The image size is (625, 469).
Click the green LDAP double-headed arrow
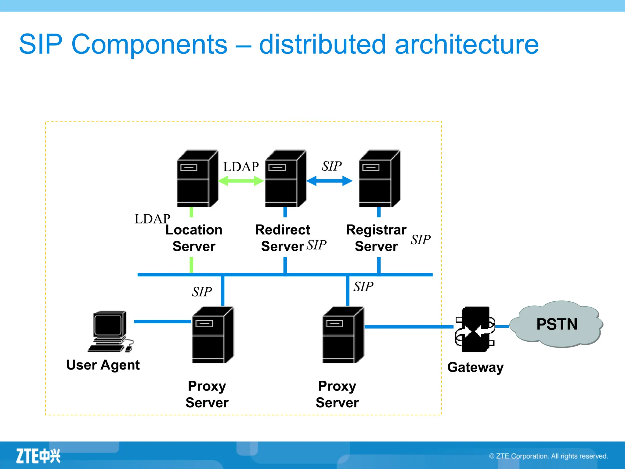click(241, 181)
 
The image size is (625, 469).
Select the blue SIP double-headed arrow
click(329, 181)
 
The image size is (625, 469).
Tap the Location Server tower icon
click(197, 179)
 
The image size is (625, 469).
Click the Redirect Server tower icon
click(285, 179)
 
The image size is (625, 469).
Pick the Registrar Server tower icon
click(379, 179)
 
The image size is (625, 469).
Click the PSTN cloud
click(556, 324)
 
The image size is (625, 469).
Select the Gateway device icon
click(475, 329)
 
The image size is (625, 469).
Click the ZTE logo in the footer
click(38, 456)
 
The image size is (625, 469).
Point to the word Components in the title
click(149, 44)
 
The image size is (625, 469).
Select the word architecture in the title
click(467, 44)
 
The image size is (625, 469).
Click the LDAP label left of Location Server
click(152, 219)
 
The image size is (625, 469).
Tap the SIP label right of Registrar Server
click(420, 240)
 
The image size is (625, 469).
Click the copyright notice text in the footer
click(548, 456)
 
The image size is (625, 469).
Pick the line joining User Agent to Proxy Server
click(162, 322)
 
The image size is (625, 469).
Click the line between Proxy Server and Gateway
click(409, 327)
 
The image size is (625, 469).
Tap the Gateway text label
click(475, 367)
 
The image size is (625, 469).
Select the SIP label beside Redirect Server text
click(316, 245)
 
